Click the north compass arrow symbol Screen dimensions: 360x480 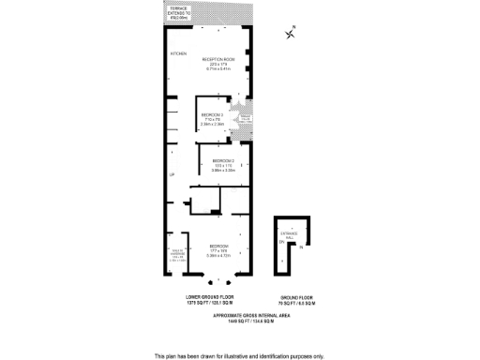click(x=291, y=34)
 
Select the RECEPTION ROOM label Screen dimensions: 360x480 click(x=218, y=59)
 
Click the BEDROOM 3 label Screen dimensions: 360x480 click(x=213, y=114)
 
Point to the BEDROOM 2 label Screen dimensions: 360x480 click(x=222, y=161)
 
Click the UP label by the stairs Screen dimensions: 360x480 click(x=172, y=174)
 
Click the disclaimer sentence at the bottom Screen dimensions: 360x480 click(x=239, y=355)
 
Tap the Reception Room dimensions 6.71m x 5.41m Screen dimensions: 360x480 click(x=218, y=69)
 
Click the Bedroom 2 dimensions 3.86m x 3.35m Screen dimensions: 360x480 click(x=222, y=171)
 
